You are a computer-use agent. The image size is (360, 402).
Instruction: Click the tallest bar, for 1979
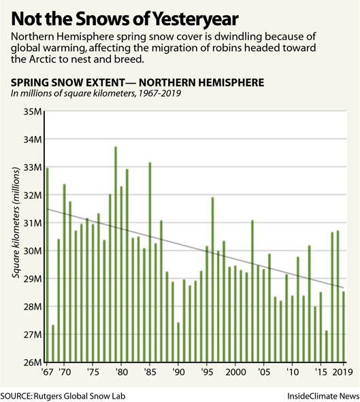[x=116, y=254]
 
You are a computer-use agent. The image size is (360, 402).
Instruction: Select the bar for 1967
[x=47, y=265]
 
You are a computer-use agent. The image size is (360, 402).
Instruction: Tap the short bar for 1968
[x=53, y=344]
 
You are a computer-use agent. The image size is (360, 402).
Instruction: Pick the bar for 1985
[x=150, y=262]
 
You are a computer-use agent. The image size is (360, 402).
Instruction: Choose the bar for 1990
[x=178, y=342]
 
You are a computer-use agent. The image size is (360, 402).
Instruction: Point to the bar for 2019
[x=344, y=326]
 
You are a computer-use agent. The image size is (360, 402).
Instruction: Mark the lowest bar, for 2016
[x=327, y=346]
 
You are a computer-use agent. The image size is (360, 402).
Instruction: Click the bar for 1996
[x=212, y=280]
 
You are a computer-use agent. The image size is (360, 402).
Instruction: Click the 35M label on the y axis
[x=33, y=112]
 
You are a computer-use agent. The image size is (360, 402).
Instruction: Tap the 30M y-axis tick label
[x=33, y=251]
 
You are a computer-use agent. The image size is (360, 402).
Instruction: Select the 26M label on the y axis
[x=33, y=363]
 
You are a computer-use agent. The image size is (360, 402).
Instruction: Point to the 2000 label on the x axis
[x=235, y=372]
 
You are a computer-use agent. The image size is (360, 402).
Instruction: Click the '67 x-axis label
[x=47, y=372]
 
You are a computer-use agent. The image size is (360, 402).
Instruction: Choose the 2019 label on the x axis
[x=342, y=372]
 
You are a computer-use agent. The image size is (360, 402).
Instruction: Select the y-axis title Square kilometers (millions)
[x=16, y=223]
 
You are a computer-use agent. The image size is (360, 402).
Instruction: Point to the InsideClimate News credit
[x=323, y=396]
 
